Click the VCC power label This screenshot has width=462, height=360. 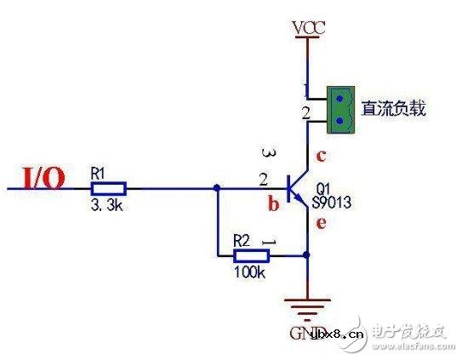click(x=307, y=29)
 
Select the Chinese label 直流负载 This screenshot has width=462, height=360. click(x=393, y=108)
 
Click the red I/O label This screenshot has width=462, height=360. click(x=41, y=178)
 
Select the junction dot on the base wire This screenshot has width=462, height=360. click(x=219, y=187)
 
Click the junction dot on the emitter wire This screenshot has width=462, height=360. click(x=307, y=254)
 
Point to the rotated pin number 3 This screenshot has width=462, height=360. click(x=271, y=154)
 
